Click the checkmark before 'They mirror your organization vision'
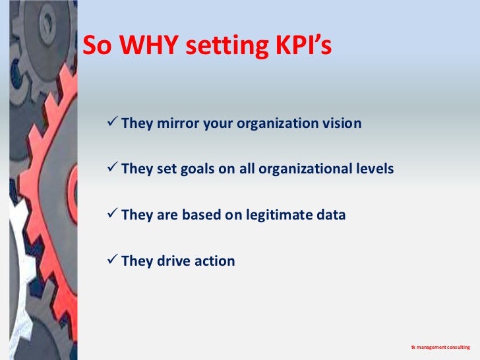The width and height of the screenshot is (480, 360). [x=112, y=123]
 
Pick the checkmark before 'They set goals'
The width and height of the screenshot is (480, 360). [x=112, y=169]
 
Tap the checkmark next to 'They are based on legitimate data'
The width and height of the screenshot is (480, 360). [x=112, y=214]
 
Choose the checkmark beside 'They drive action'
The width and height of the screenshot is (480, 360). [x=112, y=260]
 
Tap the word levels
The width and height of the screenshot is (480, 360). [x=375, y=169]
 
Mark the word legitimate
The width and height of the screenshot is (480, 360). [x=279, y=215]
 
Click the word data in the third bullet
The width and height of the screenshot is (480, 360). [x=332, y=215]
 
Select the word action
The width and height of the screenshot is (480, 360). [x=215, y=260]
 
